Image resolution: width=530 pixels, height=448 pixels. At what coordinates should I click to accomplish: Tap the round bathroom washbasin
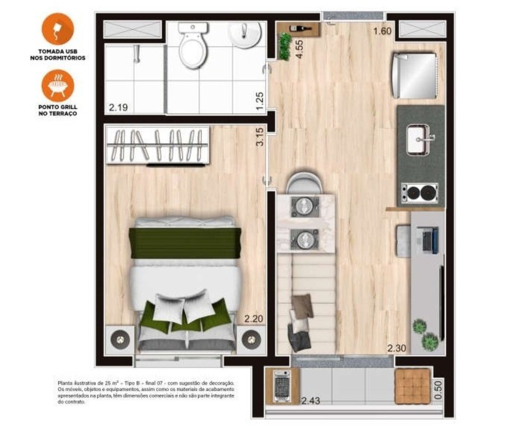tap(246, 35)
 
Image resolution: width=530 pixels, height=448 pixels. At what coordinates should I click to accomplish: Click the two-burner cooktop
tap(419, 192)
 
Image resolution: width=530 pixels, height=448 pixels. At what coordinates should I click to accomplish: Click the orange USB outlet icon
tap(57, 29)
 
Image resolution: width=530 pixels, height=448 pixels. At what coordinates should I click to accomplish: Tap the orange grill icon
tap(57, 86)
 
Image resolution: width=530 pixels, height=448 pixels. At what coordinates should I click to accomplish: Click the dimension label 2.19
tap(118, 107)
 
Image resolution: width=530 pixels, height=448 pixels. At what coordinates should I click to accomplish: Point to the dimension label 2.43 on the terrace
tap(310, 400)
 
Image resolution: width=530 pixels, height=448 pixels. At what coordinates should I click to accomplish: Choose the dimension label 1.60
tap(382, 31)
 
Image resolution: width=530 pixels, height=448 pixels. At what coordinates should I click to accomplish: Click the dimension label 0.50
tap(438, 390)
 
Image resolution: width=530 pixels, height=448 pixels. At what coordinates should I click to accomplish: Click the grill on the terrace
tap(282, 386)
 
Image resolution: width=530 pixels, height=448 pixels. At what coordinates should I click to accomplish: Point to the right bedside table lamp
tap(251, 338)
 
